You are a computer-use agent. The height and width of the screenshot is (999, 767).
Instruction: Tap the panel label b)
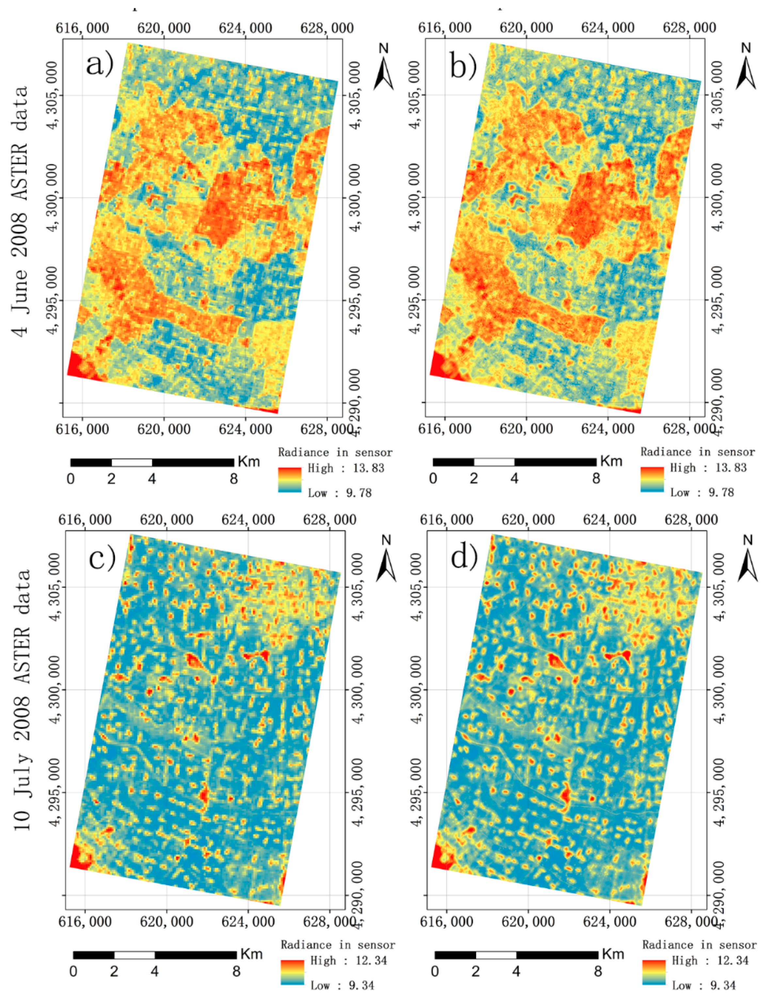pyautogui.click(x=463, y=65)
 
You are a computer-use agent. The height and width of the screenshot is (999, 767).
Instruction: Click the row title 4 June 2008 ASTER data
pyautogui.click(x=21, y=211)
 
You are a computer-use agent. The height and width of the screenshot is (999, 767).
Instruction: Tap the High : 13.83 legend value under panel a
pyautogui.click(x=345, y=468)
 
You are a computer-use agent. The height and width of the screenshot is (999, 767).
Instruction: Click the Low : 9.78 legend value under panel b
pyautogui.click(x=702, y=492)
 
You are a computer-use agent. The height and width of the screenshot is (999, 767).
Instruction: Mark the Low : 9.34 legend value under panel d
pyautogui.click(x=704, y=985)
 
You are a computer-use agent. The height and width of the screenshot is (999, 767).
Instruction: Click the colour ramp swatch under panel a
pyautogui.click(x=289, y=480)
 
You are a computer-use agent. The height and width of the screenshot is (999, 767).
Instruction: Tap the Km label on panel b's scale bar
pyautogui.click(x=611, y=461)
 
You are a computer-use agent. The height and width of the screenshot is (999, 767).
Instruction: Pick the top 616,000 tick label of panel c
pyautogui.click(x=85, y=519)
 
